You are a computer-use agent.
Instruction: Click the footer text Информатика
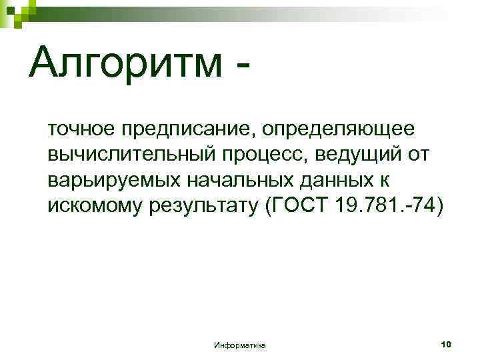[x=240, y=345]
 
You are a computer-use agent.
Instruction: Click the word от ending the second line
[x=417, y=154]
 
